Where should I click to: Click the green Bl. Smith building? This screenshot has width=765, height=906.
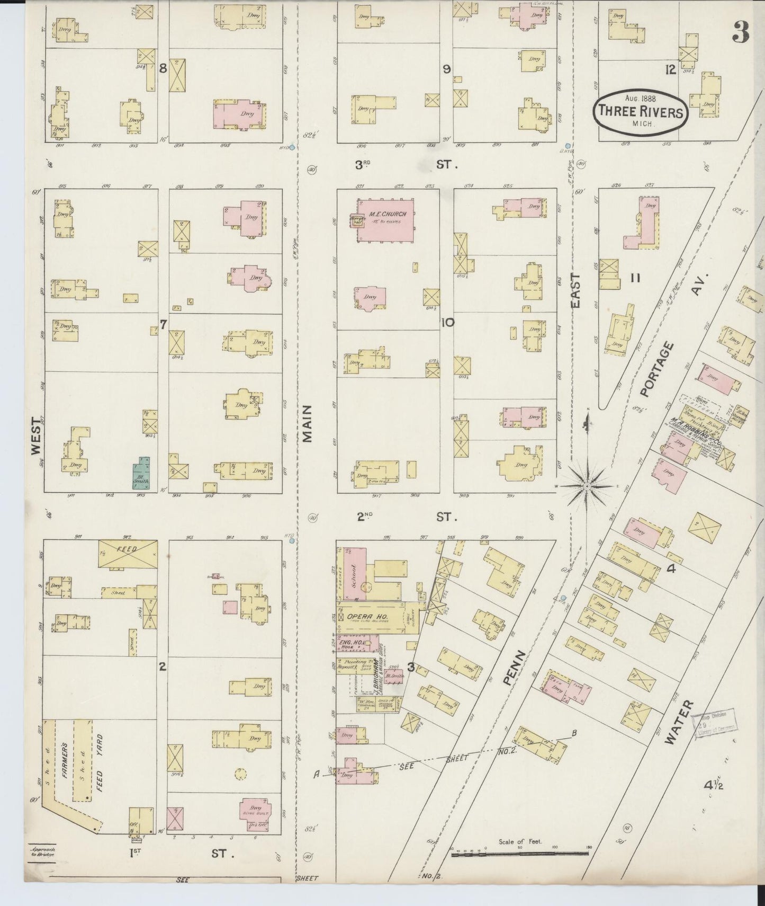(141, 473)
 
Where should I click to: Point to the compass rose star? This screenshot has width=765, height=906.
(588, 485)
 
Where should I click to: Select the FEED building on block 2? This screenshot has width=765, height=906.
(128, 553)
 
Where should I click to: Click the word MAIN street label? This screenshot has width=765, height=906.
(308, 423)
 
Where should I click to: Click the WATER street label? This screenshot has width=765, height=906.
(679, 722)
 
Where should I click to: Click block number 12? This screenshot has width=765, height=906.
(670, 69)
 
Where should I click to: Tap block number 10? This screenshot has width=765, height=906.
(448, 322)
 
